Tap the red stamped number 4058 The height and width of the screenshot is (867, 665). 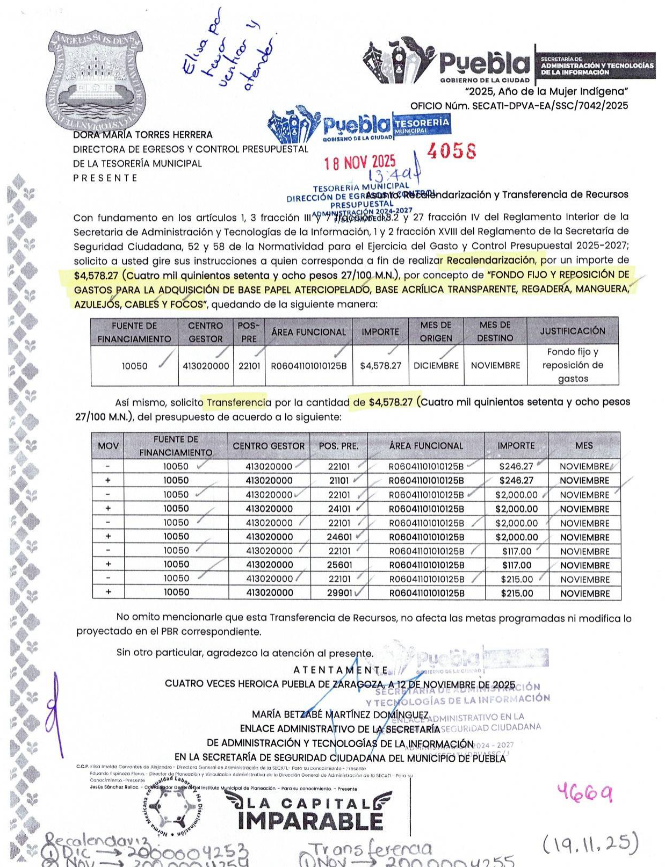tap(451, 152)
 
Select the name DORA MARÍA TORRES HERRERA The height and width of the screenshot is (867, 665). tap(143, 135)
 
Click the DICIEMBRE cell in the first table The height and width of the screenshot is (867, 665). tap(436, 365)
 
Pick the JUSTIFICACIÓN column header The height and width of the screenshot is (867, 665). tap(572, 331)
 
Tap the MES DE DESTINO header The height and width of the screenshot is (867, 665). tap(495, 331)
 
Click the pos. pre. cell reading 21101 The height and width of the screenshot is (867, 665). tap(339, 481)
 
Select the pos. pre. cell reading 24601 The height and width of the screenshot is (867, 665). tap(339, 537)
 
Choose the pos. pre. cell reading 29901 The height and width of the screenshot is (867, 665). tap(339, 593)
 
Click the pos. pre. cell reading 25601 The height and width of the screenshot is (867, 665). tap(339, 565)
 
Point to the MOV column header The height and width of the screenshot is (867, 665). tap(108, 446)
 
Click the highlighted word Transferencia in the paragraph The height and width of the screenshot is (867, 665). tap(238, 402)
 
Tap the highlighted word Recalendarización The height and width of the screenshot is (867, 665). tap(490, 261)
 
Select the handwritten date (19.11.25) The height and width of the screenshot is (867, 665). tap(590, 843)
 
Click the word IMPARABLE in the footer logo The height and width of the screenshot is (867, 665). tap(310, 821)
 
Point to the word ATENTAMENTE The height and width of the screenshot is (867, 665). tap(341, 670)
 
